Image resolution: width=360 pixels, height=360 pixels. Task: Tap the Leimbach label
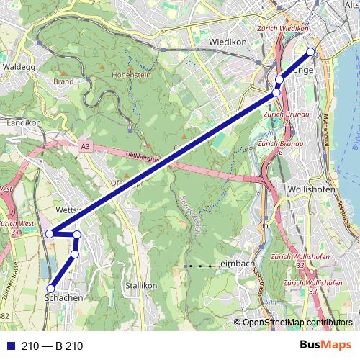(235, 264)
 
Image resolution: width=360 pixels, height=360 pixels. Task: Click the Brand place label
(63, 82)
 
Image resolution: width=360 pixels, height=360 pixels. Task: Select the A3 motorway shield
(86, 146)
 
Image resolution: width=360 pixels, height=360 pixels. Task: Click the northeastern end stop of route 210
(311, 51)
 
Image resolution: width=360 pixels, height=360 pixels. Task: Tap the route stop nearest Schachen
(50, 289)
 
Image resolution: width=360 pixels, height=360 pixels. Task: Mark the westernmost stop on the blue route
(50, 233)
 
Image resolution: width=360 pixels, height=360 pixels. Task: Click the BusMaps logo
(326, 346)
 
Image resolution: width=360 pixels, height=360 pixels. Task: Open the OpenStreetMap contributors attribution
(297, 323)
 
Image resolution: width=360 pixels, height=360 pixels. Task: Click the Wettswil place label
(66, 210)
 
